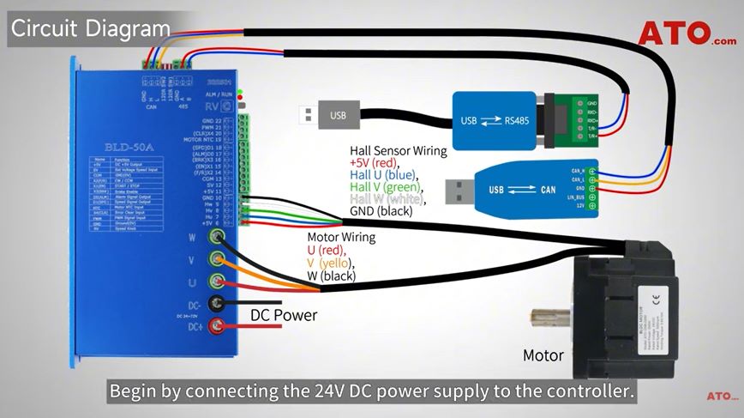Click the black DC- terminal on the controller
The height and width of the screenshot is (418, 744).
[x=219, y=302]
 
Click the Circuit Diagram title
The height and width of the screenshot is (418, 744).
[x=89, y=28]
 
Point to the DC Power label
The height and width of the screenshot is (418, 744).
[x=284, y=315]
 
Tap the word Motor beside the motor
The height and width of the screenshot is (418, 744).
[x=543, y=355]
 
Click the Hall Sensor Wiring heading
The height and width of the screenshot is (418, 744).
[x=399, y=151]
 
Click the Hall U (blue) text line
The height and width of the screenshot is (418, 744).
[x=387, y=175]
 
